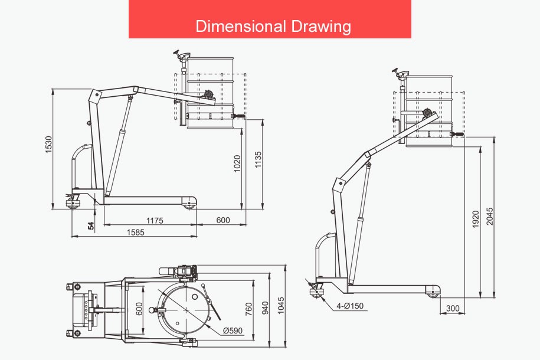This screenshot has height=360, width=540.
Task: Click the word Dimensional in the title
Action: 241,26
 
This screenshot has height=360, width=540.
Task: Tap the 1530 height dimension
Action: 48,145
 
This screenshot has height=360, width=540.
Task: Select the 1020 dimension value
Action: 237,163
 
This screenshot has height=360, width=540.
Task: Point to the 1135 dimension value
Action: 258,159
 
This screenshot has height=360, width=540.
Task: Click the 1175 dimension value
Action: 155,221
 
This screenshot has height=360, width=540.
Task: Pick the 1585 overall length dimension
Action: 136,232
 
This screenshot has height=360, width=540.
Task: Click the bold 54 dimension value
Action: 91,225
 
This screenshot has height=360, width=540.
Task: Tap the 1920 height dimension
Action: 476,219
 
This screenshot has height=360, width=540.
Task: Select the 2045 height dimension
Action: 490,216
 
